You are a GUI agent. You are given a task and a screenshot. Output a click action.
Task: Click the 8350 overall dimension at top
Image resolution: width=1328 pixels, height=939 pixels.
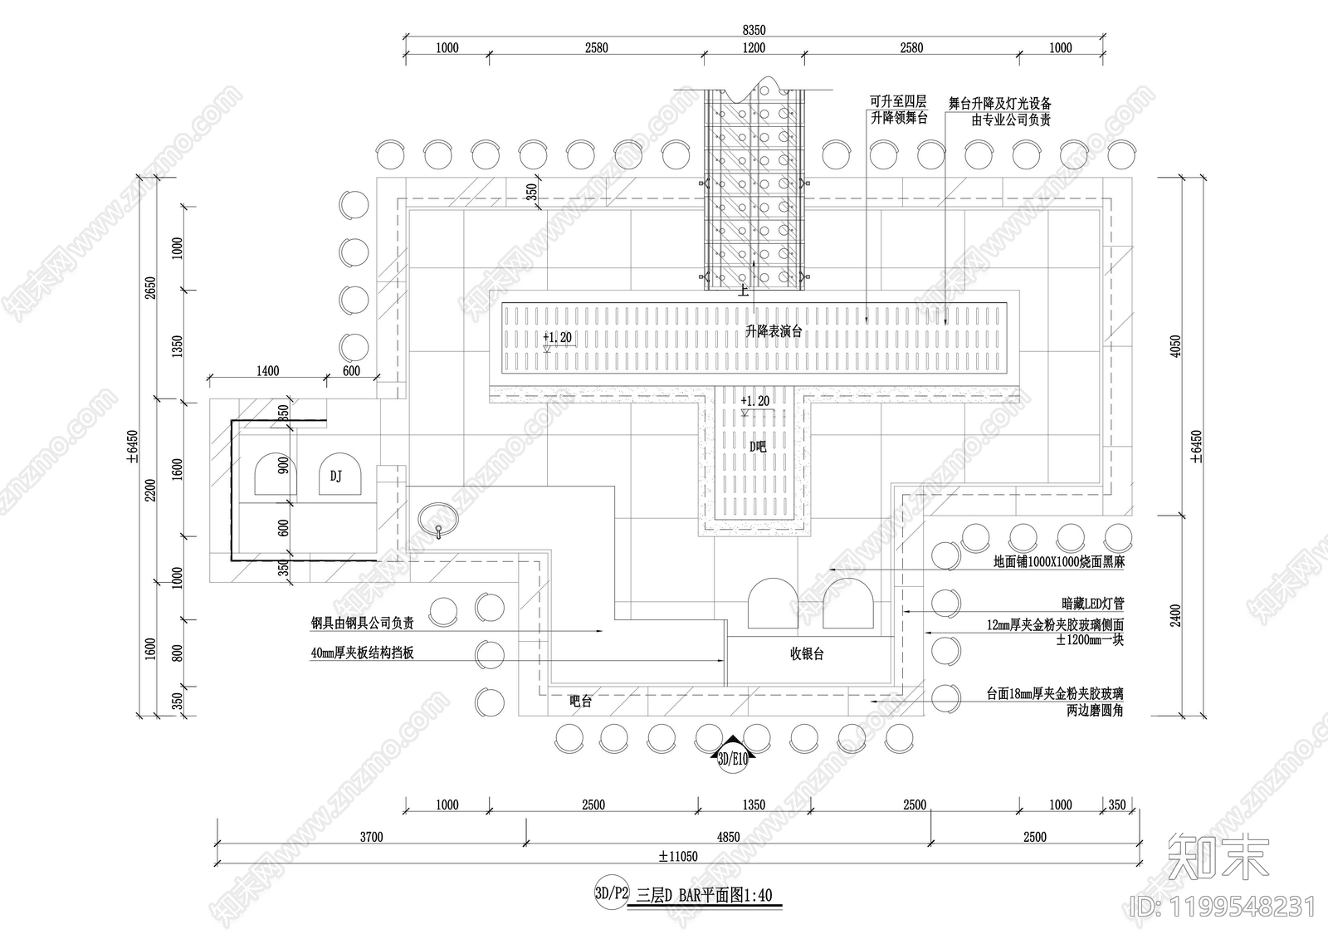point(754,30)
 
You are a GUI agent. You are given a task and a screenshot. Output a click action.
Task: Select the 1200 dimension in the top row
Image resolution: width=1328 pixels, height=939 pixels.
point(754,48)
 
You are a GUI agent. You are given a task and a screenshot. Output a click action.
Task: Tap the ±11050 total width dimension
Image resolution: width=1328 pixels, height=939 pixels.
point(678,856)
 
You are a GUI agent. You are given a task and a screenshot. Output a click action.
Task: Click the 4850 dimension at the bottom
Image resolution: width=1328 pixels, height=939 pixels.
point(728,837)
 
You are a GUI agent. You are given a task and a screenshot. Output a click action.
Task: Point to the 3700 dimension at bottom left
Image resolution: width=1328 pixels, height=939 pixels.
point(371,837)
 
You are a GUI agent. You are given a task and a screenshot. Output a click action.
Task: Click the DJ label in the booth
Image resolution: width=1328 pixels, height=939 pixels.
point(335,476)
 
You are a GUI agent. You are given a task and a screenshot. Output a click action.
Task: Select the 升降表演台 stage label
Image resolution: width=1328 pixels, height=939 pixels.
point(774,331)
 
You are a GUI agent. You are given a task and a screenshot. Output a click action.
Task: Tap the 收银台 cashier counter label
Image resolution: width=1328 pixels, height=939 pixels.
point(807,654)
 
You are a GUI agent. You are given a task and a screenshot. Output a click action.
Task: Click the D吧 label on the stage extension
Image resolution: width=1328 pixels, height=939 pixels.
point(757,446)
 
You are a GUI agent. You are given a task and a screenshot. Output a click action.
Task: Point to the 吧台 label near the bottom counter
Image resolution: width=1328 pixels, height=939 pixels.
point(581,702)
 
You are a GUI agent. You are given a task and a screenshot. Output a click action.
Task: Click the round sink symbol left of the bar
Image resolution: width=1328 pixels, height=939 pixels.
point(438,519)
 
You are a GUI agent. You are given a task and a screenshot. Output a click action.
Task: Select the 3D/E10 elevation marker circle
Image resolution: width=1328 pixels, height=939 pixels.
point(732,758)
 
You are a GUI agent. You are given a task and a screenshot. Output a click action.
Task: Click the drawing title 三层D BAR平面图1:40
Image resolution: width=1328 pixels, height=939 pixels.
point(704,895)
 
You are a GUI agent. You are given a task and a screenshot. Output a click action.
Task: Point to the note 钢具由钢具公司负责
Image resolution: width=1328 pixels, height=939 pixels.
point(363,622)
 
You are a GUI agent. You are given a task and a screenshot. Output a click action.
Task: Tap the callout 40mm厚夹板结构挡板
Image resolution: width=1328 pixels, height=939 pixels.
point(362,653)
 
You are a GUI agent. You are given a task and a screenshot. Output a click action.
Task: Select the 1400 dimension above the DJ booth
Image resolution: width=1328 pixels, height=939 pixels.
point(267,371)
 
